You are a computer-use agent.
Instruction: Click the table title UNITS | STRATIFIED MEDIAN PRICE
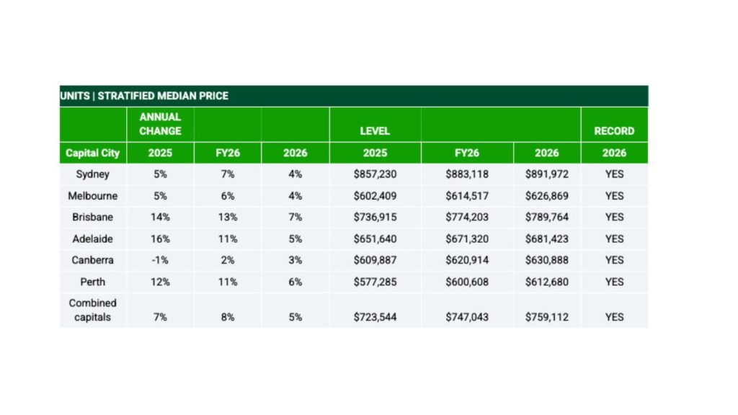pyautogui.click(x=144, y=96)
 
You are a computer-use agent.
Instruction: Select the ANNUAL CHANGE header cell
pyautogui.click(x=160, y=124)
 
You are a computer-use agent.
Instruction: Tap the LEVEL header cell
pyautogui.click(x=375, y=131)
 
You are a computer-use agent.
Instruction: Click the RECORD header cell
pyautogui.click(x=614, y=131)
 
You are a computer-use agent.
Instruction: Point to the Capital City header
pyautogui.click(x=92, y=153)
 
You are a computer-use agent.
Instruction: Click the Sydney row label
pyautogui.click(x=92, y=174)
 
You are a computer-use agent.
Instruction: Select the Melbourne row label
pyautogui.click(x=92, y=196)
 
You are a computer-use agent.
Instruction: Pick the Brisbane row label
pyautogui.click(x=92, y=217)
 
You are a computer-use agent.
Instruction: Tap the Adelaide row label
pyautogui.click(x=92, y=238)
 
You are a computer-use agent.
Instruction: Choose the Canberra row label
pyautogui.click(x=92, y=260)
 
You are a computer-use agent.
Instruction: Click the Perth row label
pyautogui.click(x=92, y=282)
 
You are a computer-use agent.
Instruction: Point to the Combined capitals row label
pyautogui.click(x=92, y=310)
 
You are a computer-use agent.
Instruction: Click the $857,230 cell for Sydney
pyautogui.click(x=375, y=174)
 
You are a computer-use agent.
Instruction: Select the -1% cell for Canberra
pyautogui.click(x=160, y=260)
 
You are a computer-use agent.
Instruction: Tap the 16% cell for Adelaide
pyautogui.click(x=160, y=238)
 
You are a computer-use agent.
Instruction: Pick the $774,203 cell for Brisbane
pyautogui.click(x=467, y=217)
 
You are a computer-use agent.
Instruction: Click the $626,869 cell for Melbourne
pyautogui.click(x=547, y=196)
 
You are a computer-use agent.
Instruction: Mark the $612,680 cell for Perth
pyautogui.click(x=547, y=282)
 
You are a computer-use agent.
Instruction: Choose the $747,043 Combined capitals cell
pyautogui.click(x=467, y=317)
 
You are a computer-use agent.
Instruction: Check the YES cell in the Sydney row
pyautogui.click(x=614, y=174)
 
